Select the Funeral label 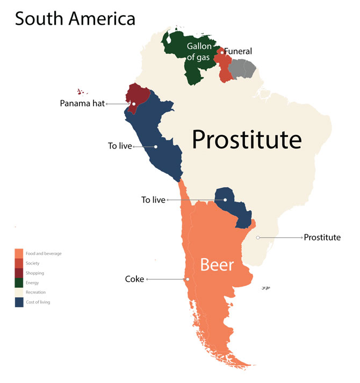(237, 52)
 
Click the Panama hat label (82, 103)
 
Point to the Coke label (134, 279)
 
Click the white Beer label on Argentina (217, 265)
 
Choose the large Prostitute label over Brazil (247, 140)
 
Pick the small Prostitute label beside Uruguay (322, 237)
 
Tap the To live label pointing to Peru (120, 146)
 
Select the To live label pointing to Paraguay (153, 200)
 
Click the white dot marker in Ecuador (133, 103)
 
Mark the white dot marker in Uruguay (258, 237)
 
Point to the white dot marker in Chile (188, 279)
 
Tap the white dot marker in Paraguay (226, 200)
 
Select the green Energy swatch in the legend (19, 282)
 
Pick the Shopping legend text (35, 273)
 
